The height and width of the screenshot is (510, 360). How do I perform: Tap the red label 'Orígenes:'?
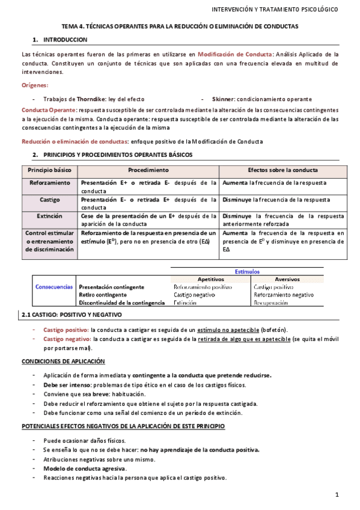point(35,85)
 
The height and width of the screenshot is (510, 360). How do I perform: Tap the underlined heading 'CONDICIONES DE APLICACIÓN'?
point(63,361)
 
